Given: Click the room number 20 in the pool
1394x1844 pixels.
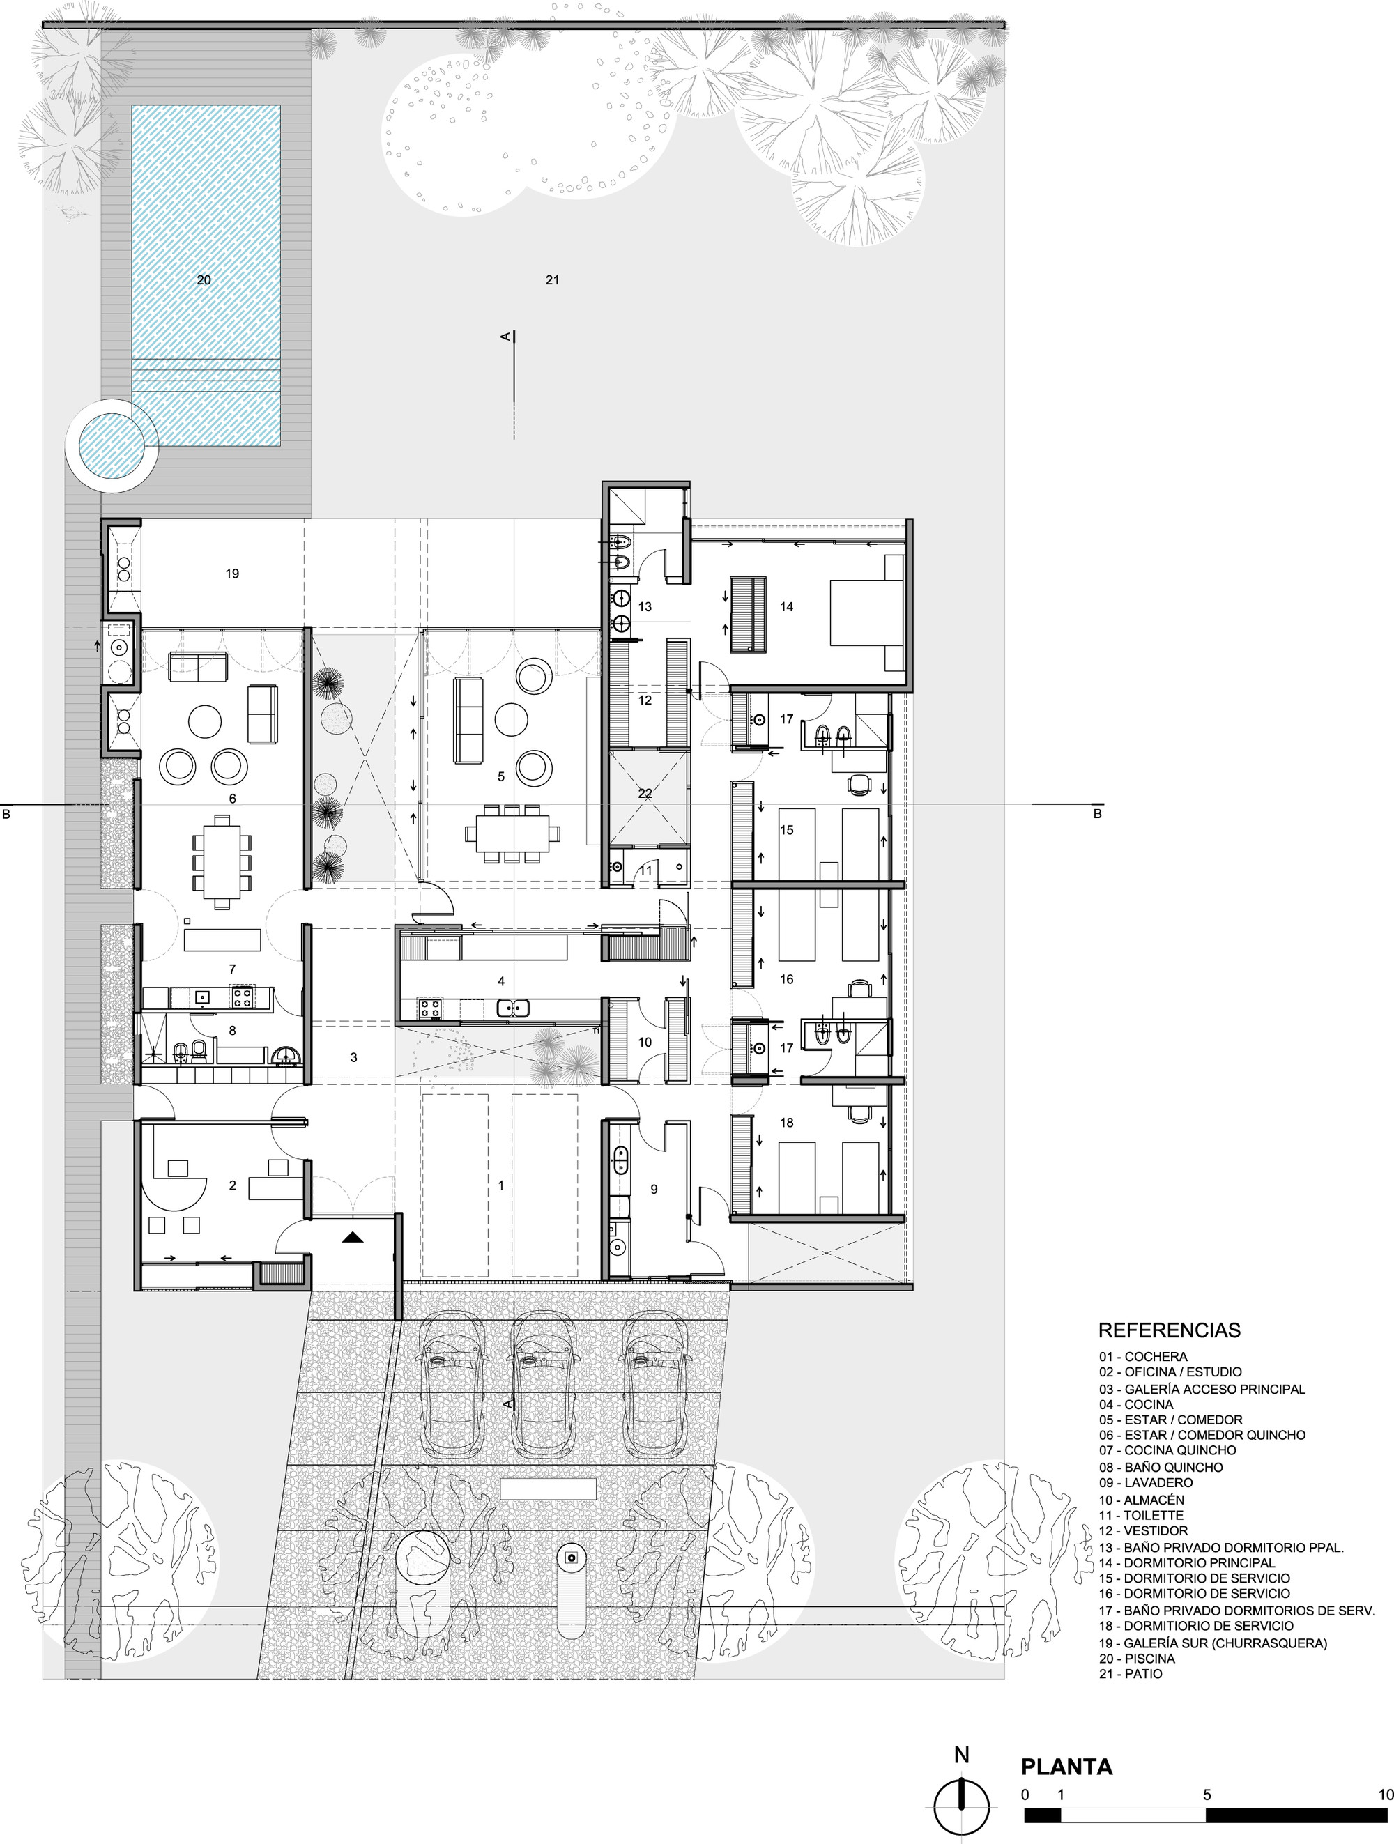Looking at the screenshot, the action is tap(204, 280).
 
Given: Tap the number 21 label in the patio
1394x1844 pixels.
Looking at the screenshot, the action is tap(552, 280).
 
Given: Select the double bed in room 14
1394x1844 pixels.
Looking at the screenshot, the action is tap(866, 613).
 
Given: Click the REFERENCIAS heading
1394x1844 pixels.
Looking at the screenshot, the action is tap(1170, 1330).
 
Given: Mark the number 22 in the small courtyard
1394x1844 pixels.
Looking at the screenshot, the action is tap(645, 794).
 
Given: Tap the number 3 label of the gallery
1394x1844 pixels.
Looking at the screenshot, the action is tap(353, 1058).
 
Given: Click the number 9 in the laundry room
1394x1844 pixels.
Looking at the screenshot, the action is tap(654, 1190).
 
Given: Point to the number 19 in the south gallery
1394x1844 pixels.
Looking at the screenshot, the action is tap(233, 574).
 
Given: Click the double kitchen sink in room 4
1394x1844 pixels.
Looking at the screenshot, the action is tap(514, 1008).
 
